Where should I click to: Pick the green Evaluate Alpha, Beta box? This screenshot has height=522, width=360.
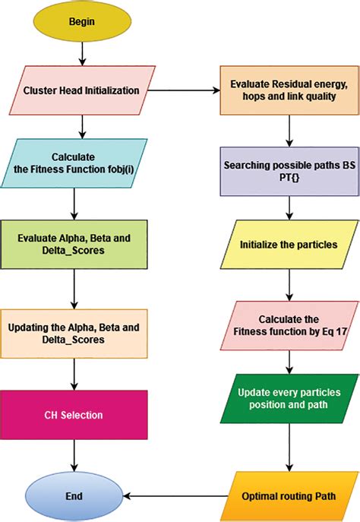coord(74,244)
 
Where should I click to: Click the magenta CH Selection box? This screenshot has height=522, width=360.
coord(74,416)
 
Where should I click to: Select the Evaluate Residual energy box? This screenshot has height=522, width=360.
coord(288,90)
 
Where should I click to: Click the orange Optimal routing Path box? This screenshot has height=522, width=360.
coord(288,494)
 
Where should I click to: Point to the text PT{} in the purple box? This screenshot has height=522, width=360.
coord(287,177)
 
